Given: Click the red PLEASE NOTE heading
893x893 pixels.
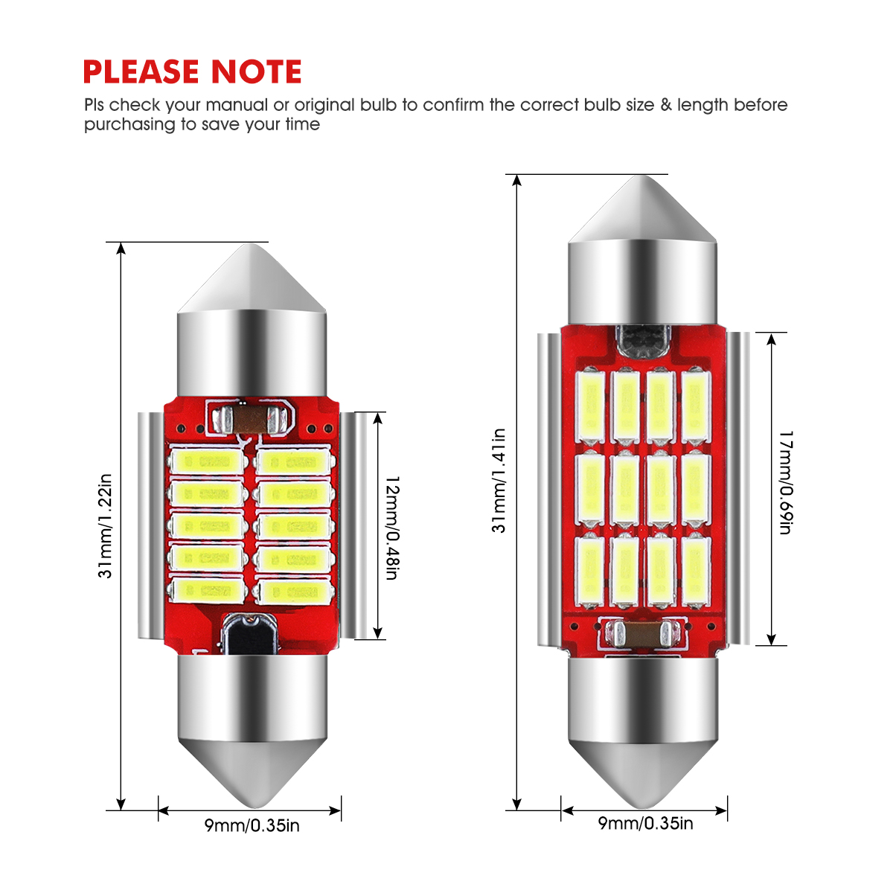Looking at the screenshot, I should tap(192, 72).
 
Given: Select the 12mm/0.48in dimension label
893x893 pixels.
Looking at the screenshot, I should tap(392, 528).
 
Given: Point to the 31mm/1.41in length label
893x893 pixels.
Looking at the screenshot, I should tap(499, 481).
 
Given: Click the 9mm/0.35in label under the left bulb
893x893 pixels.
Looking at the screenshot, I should tap(252, 825).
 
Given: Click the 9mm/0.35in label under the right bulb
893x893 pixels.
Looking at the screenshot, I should tap(645, 822).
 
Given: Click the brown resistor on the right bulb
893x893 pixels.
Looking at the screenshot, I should tap(643, 634).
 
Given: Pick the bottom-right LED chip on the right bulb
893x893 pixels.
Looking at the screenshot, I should tap(697, 570).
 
